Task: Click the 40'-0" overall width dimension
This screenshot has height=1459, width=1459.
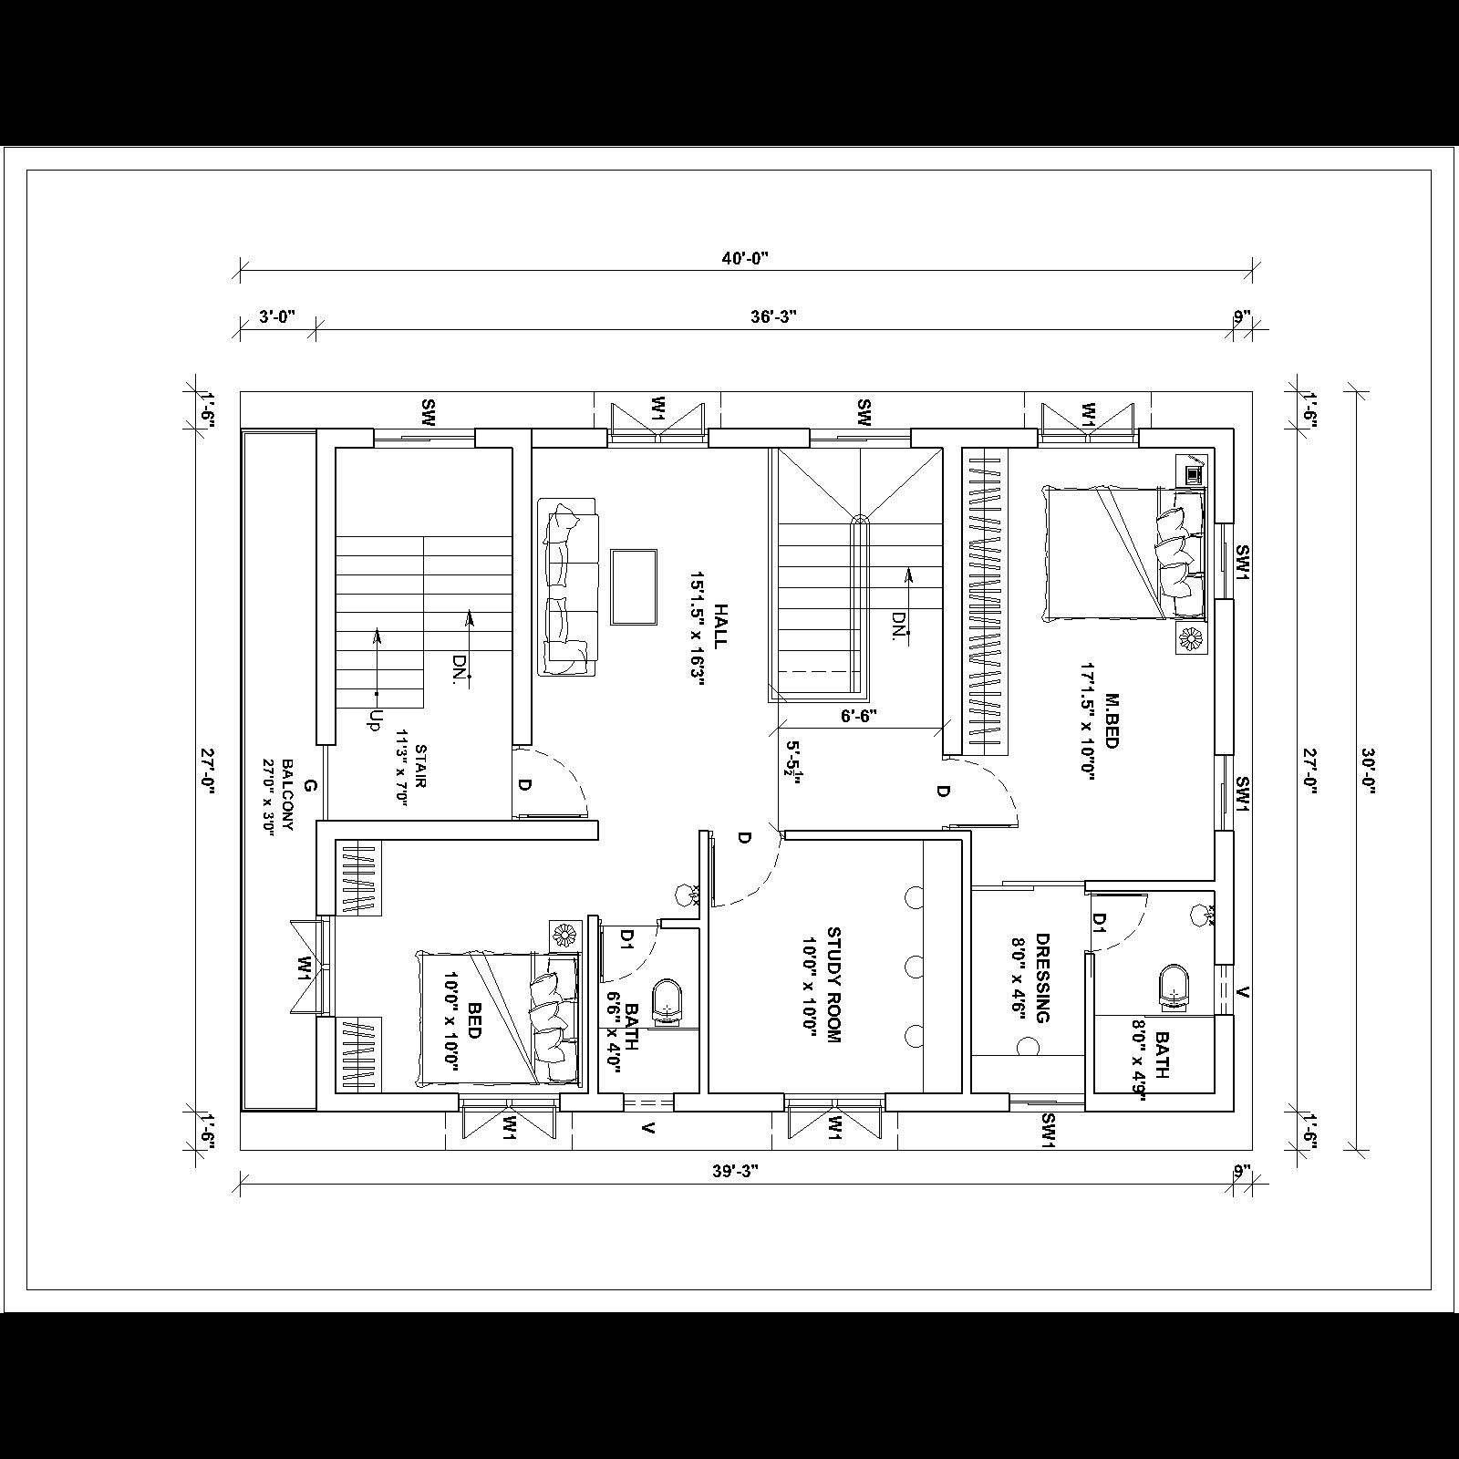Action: tap(745, 258)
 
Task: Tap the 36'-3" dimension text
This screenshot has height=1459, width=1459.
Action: tap(774, 317)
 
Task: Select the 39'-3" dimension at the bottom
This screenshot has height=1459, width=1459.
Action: tap(736, 1172)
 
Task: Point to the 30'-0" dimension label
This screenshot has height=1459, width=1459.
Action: tap(1368, 771)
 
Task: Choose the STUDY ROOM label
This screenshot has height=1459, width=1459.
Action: tap(833, 985)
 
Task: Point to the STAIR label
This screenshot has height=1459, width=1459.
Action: tap(420, 767)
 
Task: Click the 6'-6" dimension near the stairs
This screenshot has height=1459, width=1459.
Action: tap(858, 717)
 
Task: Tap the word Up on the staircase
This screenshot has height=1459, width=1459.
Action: tap(372, 720)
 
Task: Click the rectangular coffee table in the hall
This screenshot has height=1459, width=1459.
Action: tap(634, 586)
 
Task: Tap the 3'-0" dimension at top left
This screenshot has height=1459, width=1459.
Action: tap(277, 317)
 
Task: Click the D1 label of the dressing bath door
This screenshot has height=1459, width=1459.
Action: tap(1099, 923)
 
